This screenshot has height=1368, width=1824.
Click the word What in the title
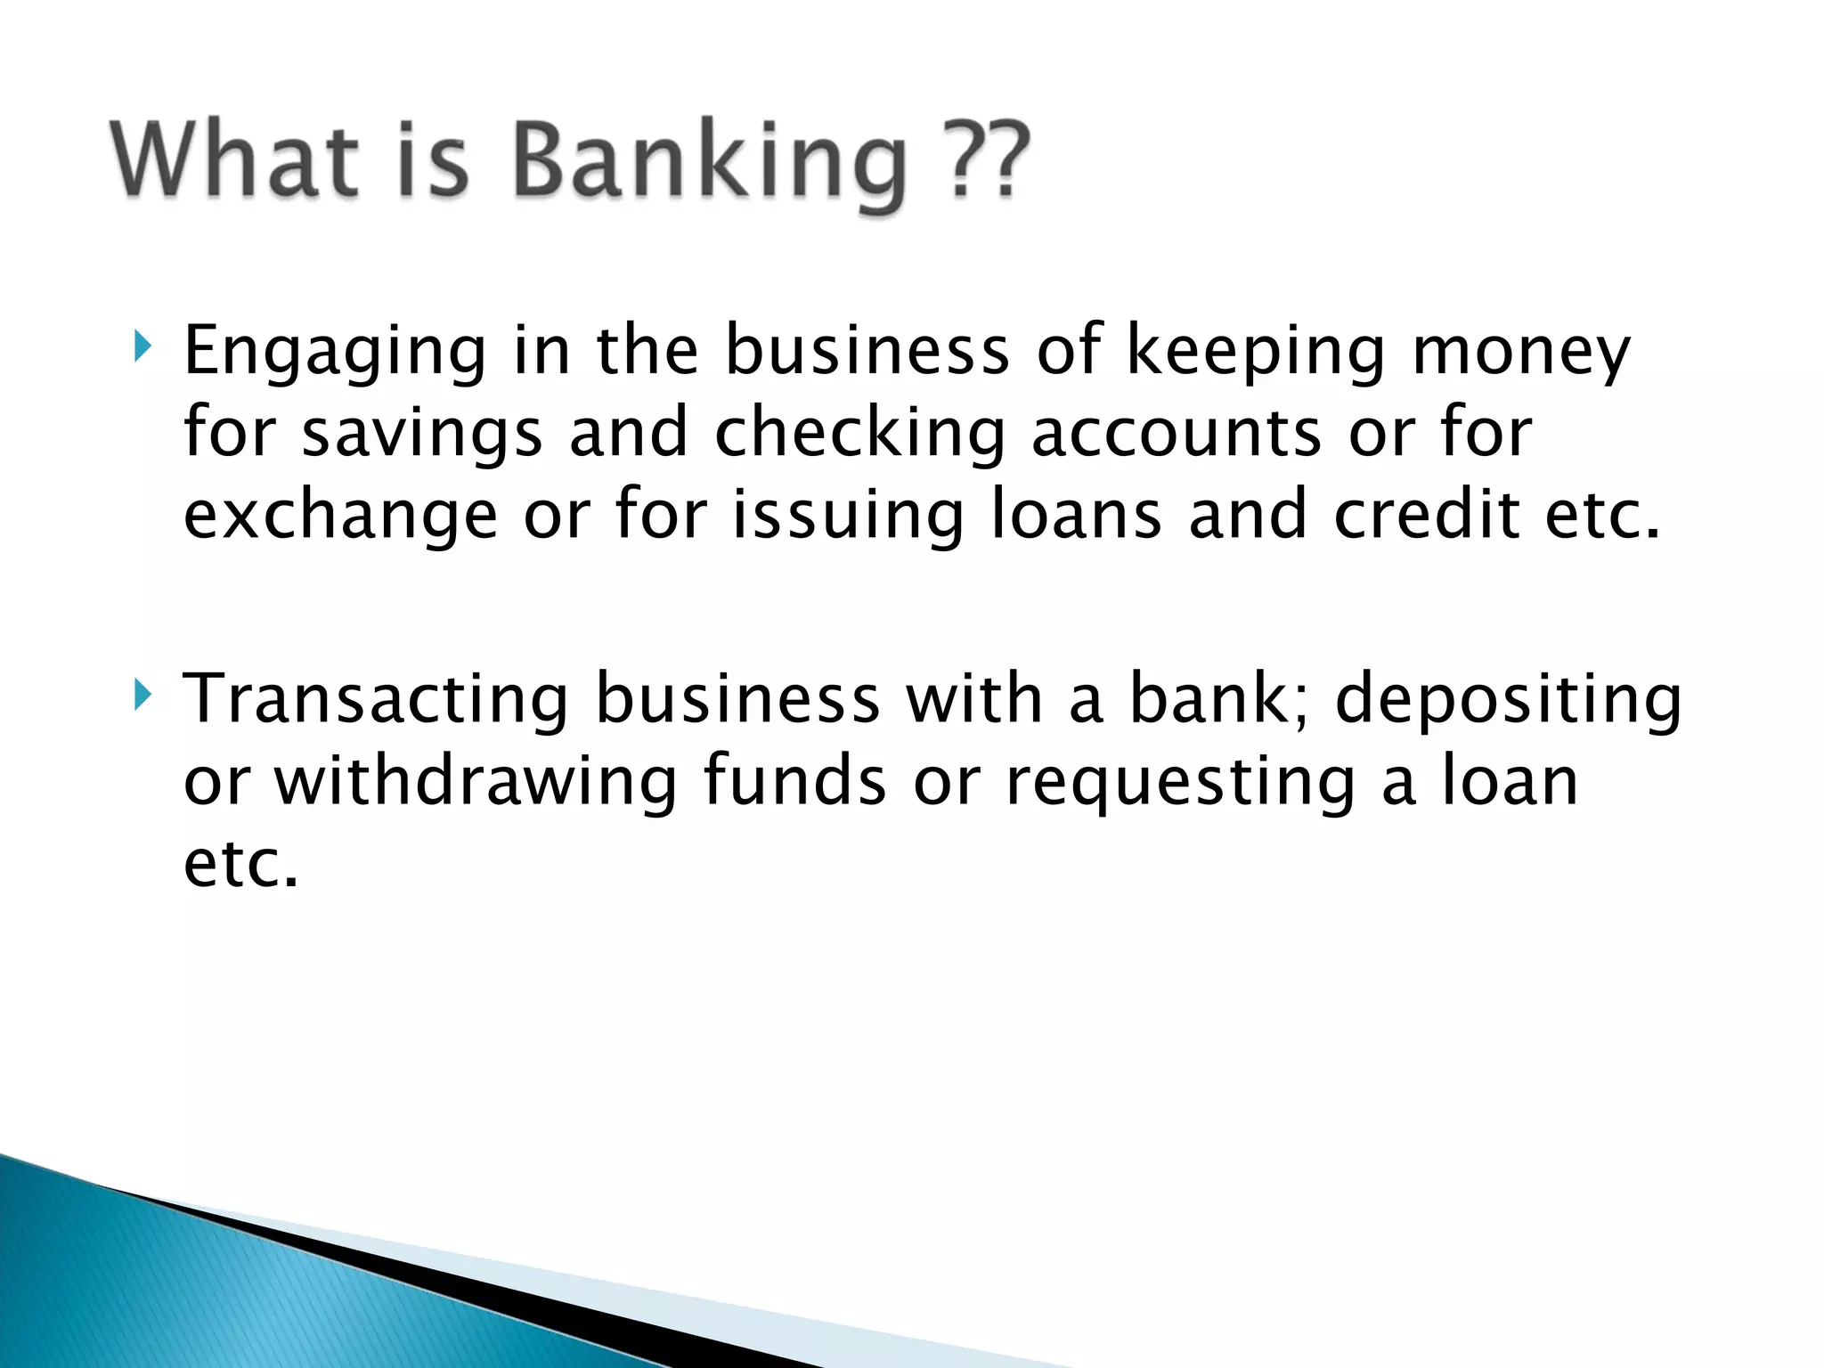[x=234, y=159]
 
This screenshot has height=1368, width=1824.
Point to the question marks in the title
[x=987, y=159]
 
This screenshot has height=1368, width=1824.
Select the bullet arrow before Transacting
[x=141, y=694]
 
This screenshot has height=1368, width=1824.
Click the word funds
[x=794, y=781]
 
